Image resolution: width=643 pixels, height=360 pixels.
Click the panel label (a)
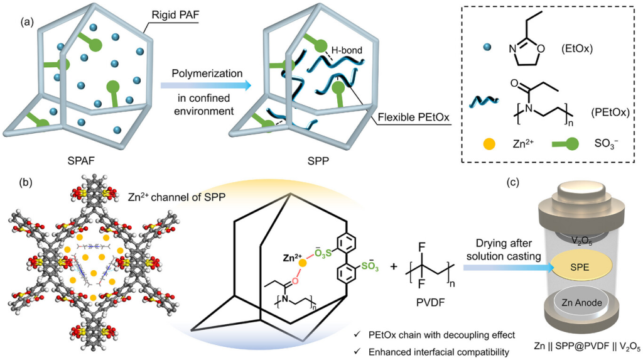(28, 22)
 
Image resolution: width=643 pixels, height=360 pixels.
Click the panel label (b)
(28, 184)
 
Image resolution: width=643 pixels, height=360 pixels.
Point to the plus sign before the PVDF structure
(395, 266)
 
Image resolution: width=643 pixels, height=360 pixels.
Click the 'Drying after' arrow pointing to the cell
(509, 268)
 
